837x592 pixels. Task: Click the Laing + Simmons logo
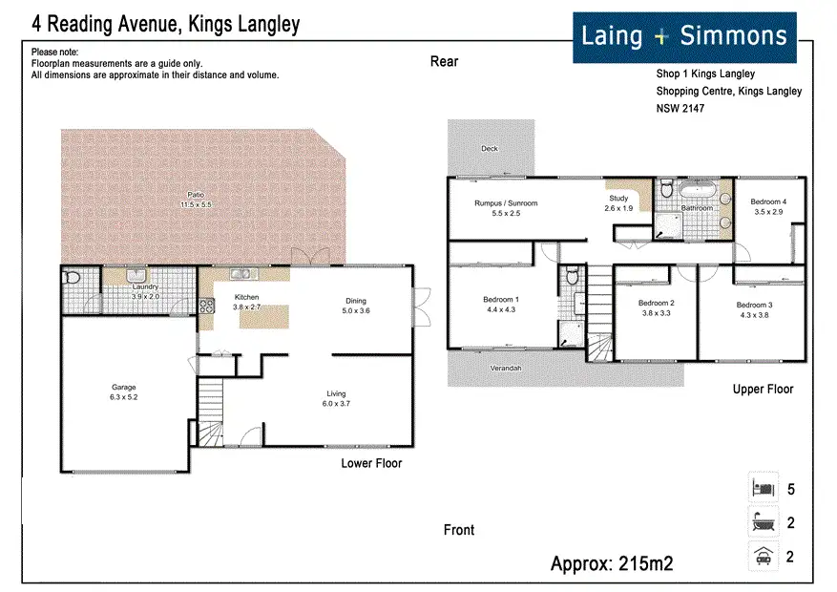click(684, 37)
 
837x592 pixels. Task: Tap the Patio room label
click(196, 195)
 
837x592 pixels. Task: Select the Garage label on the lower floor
click(124, 387)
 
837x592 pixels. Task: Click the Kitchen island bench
click(263, 317)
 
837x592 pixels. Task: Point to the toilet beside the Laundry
click(72, 278)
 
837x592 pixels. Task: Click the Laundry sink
click(136, 275)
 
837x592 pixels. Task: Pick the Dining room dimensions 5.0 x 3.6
click(356, 310)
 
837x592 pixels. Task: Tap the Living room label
click(336, 393)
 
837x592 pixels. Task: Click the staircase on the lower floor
click(211, 412)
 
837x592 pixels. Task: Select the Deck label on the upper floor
click(490, 148)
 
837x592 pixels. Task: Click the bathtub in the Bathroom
click(698, 189)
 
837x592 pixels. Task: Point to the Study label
click(618, 198)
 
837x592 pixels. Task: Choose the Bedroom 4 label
click(768, 201)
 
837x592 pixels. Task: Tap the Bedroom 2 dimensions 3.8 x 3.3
click(657, 313)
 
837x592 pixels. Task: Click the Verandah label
click(506, 369)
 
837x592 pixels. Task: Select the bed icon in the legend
click(764, 487)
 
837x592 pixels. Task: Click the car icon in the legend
click(764, 557)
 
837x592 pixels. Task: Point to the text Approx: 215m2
click(612, 563)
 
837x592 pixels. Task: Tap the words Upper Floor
click(763, 390)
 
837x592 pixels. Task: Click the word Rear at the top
click(444, 61)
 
